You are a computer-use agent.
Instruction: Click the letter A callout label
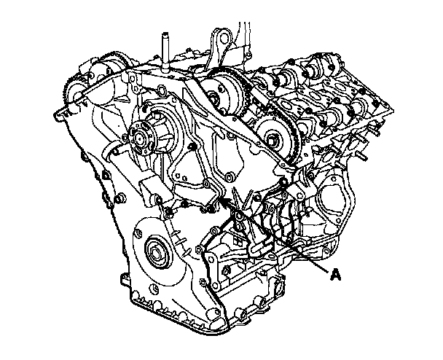[335, 275]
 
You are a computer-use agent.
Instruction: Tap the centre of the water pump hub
[140, 138]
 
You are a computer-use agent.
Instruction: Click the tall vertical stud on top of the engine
[165, 52]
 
